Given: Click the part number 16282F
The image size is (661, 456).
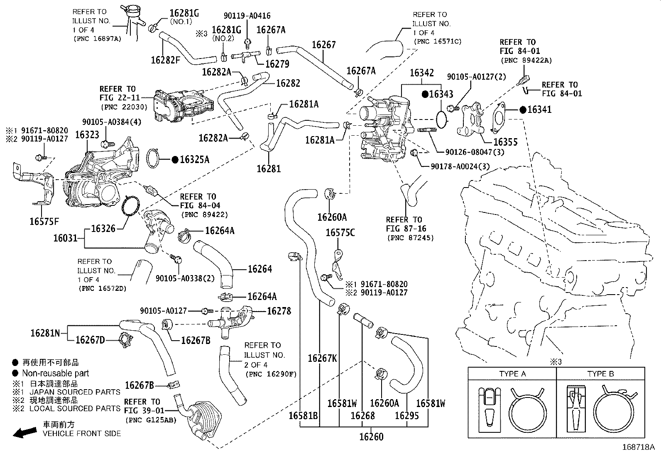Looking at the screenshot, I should click(x=165, y=59).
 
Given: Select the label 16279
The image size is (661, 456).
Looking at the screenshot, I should click(x=277, y=64).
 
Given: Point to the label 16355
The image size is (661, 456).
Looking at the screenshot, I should click(x=505, y=142).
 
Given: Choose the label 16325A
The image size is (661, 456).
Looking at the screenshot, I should click(x=194, y=159).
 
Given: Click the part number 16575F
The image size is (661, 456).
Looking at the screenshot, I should click(x=44, y=221).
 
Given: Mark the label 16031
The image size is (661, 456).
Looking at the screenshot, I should click(x=65, y=238).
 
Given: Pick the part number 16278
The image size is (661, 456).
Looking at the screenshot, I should click(x=279, y=311).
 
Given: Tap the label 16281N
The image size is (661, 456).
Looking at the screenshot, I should click(x=45, y=333).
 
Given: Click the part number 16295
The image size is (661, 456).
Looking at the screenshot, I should click(x=407, y=415).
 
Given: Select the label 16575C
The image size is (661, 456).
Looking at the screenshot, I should click(x=340, y=233).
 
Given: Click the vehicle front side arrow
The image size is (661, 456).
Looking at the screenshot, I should click(x=24, y=433).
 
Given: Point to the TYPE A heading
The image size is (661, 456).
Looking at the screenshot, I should click(x=512, y=374).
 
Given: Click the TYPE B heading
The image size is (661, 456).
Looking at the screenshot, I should click(x=600, y=374).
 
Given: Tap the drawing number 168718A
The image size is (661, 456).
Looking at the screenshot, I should click(x=638, y=448).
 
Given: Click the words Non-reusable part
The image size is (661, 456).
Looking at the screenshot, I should click(x=56, y=373).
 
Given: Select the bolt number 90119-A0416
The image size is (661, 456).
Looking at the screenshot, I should click(x=247, y=16).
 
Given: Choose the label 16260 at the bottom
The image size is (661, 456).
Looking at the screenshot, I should click(x=371, y=436).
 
